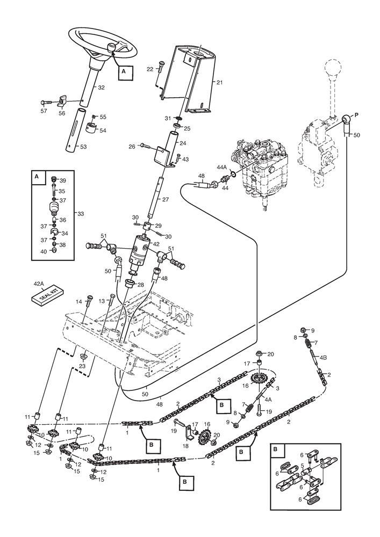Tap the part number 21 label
[x=219, y=82]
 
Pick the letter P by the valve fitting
[x=356, y=115]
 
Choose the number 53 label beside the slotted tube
[x=83, y=146]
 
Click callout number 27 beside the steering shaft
[x=165, y=199]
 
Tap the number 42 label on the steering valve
[x=156, y=244]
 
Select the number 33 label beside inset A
[x=81, y=214]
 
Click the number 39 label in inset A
[x=63, y=181]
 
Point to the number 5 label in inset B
[x=302, y=466]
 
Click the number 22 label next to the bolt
[x=149, y=68]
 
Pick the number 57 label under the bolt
[x=44, y=111]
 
